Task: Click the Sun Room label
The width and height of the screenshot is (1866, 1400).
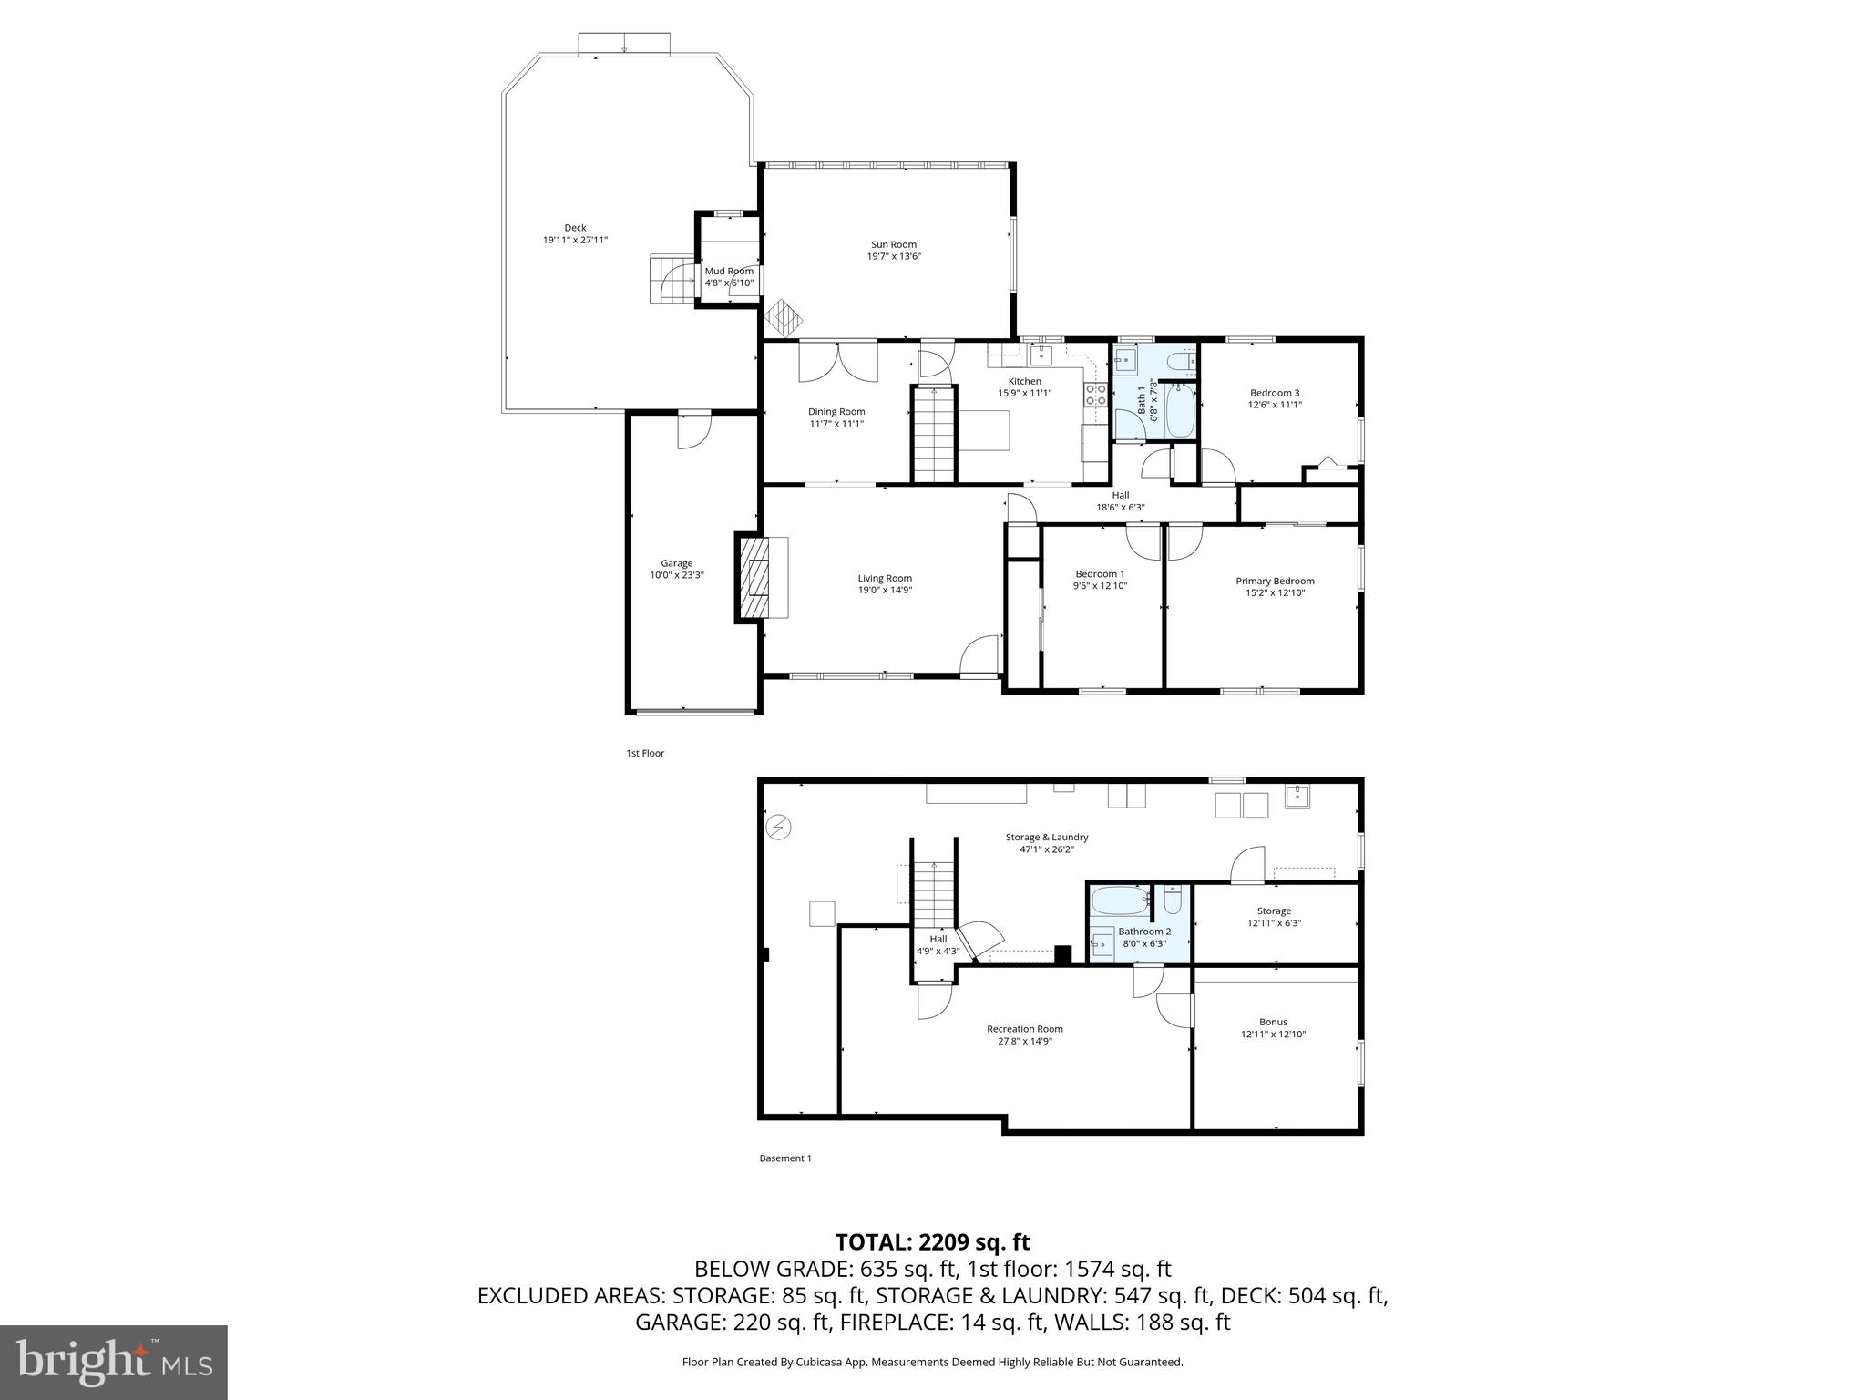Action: click(x=893, y=244)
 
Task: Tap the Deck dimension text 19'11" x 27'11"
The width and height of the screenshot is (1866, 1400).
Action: click(x=575, y=240)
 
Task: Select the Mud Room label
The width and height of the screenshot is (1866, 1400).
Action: click(x=729, y=271)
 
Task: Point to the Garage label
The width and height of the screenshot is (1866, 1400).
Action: click(x=676, y=563)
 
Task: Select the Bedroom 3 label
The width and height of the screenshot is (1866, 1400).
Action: click(x=1274, y=393)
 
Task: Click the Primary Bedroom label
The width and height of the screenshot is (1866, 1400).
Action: click(x=1275, y=581)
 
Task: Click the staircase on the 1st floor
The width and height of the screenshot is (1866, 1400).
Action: click(x=934, y=434)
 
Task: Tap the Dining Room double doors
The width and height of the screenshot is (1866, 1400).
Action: click(x=838, y=361)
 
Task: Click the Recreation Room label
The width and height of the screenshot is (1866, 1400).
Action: click(x=1024, y=1029)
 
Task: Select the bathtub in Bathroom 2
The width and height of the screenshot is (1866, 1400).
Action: click(x=1120, y=902)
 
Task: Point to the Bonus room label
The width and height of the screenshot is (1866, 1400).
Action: click(x=1273, y=1022)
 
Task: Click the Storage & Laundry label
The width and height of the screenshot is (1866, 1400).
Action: click(x=1046, y=837)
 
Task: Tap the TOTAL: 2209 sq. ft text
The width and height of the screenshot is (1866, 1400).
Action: click(x=932, y=1241)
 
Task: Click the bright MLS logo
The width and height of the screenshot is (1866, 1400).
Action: click(x=114, y=1362)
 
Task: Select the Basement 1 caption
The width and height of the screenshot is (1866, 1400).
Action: click(x=784, y=1158)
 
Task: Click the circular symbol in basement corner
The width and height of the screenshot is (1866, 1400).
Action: click(x=778, y=828)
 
